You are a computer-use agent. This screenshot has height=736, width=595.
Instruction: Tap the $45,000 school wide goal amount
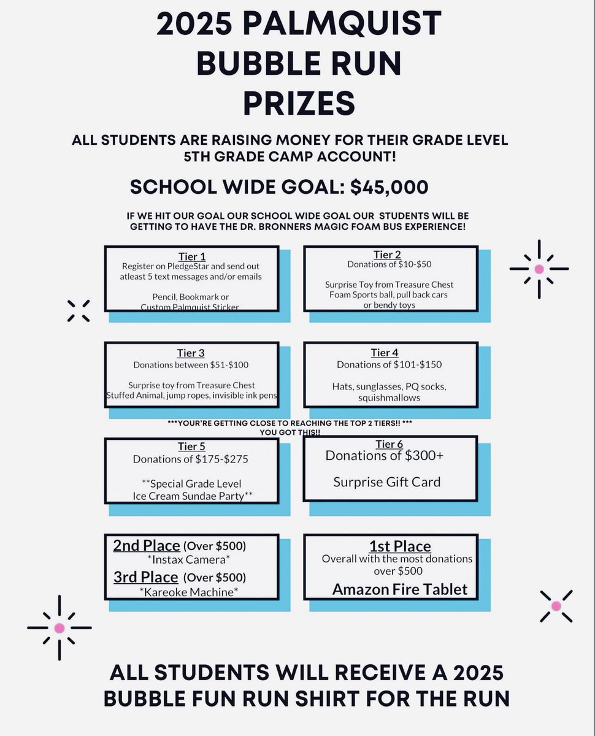[390, 187]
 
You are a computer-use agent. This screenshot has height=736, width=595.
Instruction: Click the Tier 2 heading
[387, 255]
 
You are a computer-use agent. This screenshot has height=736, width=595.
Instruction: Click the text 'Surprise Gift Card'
[387, 482]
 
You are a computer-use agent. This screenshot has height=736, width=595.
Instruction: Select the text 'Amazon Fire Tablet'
[400, 589]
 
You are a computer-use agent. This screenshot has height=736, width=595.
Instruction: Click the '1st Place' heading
[400, 546]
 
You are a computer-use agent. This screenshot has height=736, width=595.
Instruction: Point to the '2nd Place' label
[147, 545]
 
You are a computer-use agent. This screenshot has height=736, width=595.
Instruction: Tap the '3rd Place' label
[146, 577]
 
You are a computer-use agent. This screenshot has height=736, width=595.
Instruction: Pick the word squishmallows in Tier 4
[390, 398]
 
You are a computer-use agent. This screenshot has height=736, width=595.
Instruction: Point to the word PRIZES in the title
[299, 103]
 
